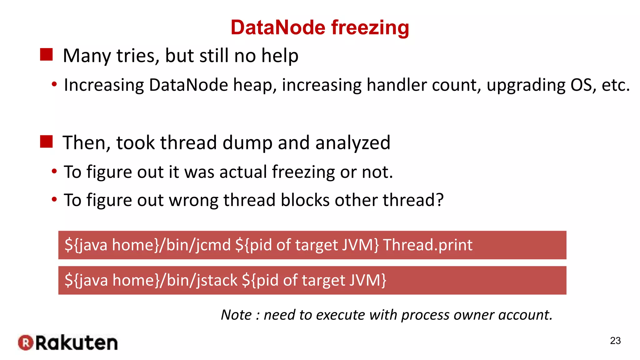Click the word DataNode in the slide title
click(278, 27)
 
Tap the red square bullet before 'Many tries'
click(46, 55)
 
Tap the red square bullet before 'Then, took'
click(46, 142)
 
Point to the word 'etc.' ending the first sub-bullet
click(616, 85)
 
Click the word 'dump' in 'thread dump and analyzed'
click(247, 142)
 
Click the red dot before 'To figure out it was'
click(54, 171)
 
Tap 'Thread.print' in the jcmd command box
click(427, 245)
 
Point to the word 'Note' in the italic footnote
click(236, 315)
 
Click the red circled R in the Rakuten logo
click(26, 343)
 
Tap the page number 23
click(615, 341)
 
